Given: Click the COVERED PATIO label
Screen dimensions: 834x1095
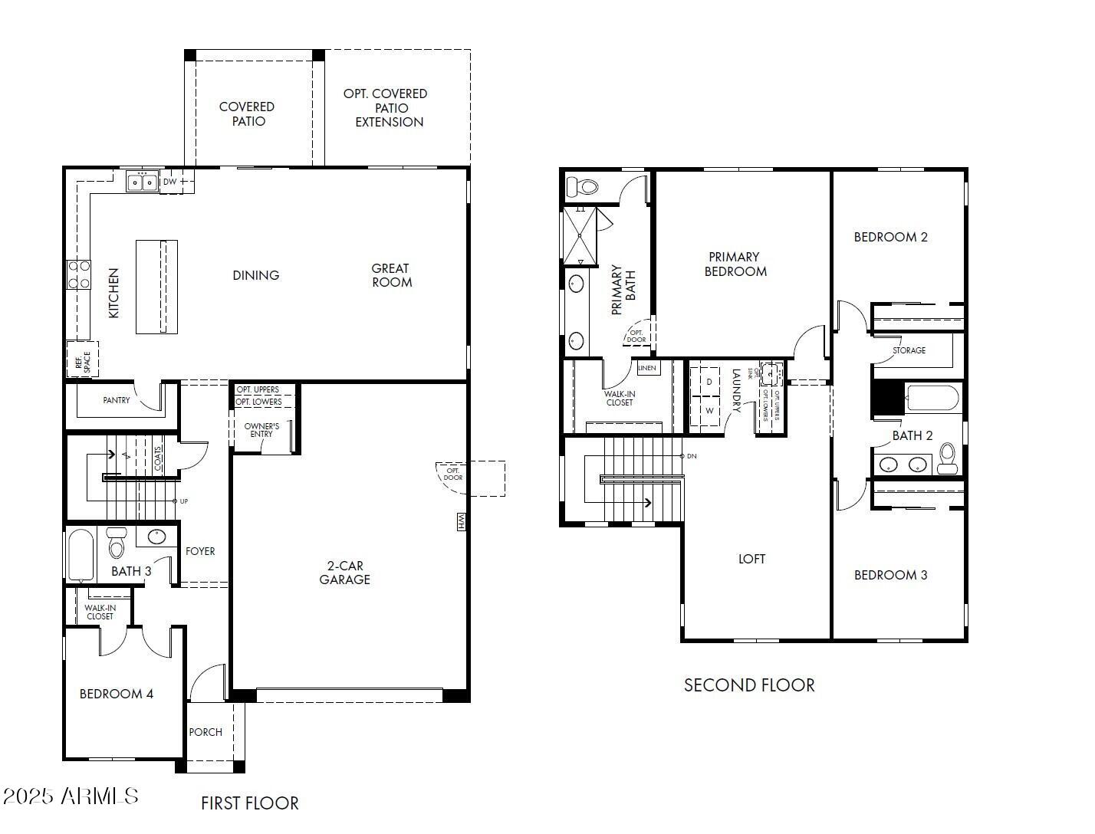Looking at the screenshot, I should tap(247, 114).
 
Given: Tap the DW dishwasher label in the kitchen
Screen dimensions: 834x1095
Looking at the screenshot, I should tap(169, 182).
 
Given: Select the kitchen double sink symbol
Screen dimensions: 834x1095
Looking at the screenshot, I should tap(142, 182).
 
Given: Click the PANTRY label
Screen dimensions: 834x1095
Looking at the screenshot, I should tap(117, 400).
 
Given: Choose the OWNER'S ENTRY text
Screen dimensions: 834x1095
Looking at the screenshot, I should tap(261, 430).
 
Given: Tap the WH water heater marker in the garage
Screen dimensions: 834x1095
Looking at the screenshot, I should tap(462, 522).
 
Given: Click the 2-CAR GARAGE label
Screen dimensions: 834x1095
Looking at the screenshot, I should tap(344, 573).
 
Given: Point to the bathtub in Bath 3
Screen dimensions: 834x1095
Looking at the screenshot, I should tap(81, 556).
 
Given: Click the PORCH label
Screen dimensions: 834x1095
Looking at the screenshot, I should tap(206, 732).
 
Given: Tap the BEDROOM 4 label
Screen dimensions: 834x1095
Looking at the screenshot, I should tap(117, 694).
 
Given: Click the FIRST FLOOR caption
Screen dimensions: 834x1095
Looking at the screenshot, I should tap(250, 803).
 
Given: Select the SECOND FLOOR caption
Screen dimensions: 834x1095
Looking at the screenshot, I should tap(749, 685).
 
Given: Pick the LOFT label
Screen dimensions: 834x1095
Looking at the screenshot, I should tap(751, 559).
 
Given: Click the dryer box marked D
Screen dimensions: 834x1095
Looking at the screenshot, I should tap(709, 382).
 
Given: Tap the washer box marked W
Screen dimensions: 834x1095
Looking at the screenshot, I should tap(709, 411).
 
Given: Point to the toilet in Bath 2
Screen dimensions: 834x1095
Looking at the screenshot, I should tap(948, 458).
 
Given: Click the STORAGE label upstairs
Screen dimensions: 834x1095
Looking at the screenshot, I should tap(909, 350).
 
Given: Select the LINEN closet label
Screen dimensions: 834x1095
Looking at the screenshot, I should tap(647, 368).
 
